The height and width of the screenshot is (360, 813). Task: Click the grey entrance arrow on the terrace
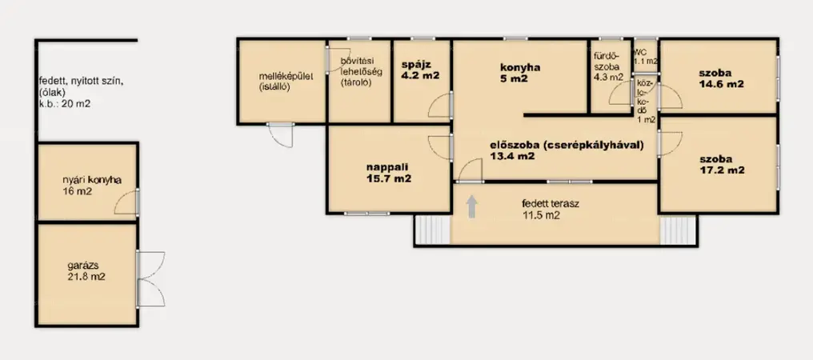click(x=472, y=206)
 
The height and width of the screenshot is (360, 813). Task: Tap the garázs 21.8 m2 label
click(x=86, y=270)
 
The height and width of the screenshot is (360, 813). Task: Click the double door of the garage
click(x=150, y=279)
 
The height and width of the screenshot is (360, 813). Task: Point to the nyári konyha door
click(x=126, y=202)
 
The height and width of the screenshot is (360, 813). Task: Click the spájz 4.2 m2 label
click(x=420, y=70)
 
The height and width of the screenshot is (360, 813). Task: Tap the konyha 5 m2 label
click(x=520, y=73)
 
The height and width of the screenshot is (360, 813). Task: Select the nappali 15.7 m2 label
click(x=389, y=173)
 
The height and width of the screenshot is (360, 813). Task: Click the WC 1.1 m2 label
click(x=646, y=57)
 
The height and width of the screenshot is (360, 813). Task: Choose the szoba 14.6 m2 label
click(x=721, y=79)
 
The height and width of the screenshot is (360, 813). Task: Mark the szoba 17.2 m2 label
click(x=722, y=165)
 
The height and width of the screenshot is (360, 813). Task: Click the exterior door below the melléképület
click(x=281, y=135)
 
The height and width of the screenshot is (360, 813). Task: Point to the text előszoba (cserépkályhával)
click(x=567, y=145)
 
